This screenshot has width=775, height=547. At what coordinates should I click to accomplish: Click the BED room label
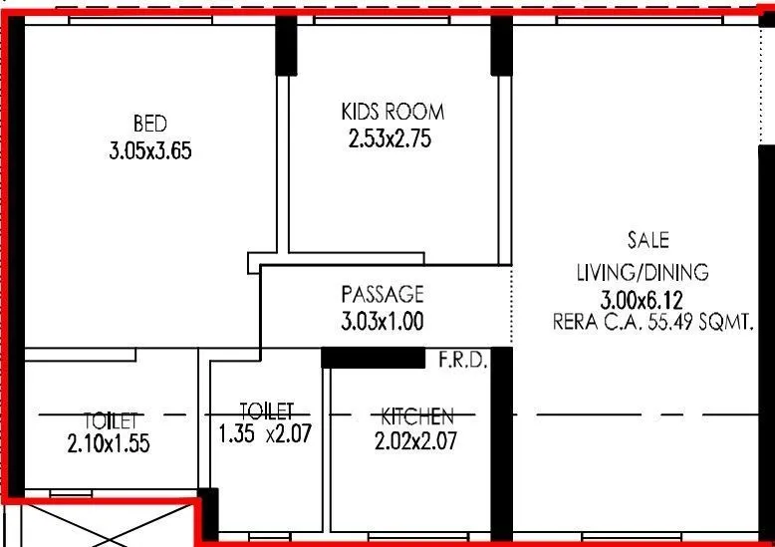click(149, 124)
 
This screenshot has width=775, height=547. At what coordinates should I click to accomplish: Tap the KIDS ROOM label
click(392, 113)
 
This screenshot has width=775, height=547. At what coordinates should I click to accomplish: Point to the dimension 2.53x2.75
click(389, 140)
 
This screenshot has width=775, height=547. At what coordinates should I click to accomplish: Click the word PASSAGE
click(382, 294)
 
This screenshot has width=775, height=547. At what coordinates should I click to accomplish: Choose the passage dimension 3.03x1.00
click(382, 322)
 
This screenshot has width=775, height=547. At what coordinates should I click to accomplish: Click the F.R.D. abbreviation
click(462, 361)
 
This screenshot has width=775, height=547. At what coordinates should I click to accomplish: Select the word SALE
click(647, 240)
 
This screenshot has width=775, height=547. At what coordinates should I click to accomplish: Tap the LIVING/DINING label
click(643, 272)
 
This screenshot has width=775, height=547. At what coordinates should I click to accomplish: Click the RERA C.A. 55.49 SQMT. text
click(651, 322)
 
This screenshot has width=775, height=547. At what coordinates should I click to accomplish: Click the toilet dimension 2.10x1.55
click(109, 445)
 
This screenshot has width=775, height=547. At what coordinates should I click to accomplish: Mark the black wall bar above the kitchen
click(374, 357)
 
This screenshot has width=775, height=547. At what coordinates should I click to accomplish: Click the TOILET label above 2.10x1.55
click(110, 418)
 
